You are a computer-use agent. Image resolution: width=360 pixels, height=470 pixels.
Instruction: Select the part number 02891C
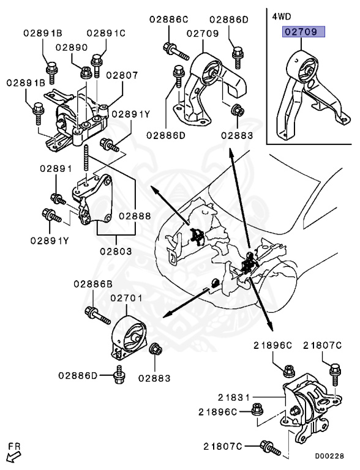105,32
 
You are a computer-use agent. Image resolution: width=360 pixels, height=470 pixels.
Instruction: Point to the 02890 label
71,47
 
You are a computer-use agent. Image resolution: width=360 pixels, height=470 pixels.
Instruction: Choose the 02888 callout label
135,215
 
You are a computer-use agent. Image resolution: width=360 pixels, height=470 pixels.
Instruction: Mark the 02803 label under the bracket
115,251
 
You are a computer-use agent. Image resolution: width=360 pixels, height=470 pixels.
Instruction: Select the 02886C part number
168,19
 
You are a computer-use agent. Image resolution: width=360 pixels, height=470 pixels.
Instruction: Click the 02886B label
93,283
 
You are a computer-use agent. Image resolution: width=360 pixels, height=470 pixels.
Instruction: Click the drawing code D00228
329,455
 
